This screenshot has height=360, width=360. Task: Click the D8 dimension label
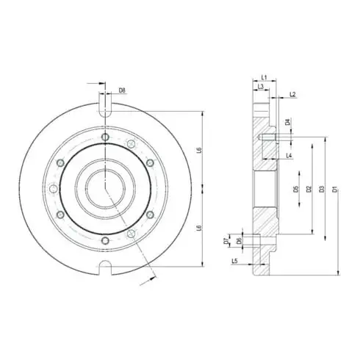(122, 91)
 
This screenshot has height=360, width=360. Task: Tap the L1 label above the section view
(264, 77)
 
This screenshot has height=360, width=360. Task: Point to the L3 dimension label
(261, 87)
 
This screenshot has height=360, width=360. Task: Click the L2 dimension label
(292, 95)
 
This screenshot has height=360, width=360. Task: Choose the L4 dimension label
(289, 156)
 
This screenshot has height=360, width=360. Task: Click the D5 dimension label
(296, 190)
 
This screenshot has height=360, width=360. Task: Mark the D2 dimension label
(309, 190)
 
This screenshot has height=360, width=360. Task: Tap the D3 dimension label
(321, 190)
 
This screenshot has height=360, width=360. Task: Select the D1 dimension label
(334, 190)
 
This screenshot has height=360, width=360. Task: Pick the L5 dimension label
(234, 261)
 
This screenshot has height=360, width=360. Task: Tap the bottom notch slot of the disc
(104, 267)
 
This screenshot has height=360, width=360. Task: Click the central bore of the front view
(104, 187)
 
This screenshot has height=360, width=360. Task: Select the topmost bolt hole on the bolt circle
(104, 137)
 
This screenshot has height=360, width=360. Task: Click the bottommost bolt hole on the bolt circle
(104, 240)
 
